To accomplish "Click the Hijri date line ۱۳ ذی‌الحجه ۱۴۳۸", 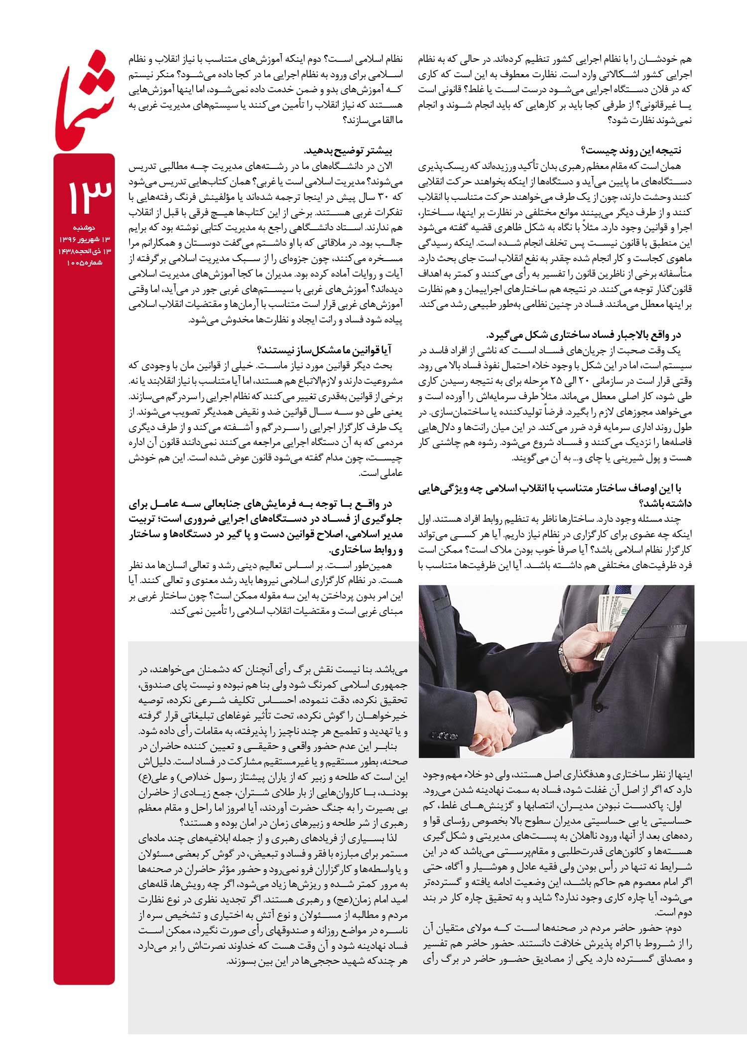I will click(85, 252).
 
